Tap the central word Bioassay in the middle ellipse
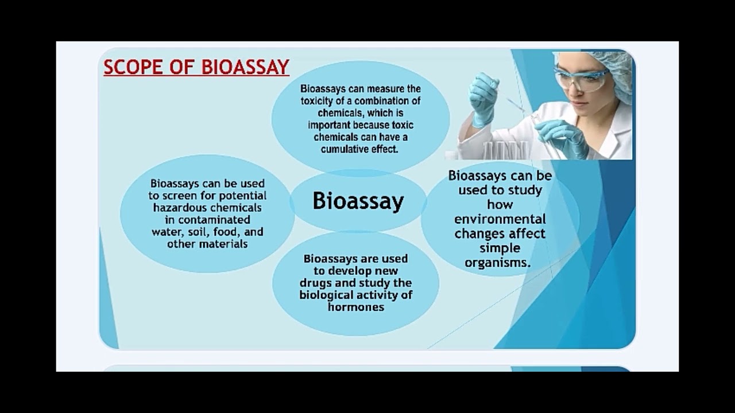(x=358, y=201)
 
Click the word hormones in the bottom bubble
(x=356, y=307)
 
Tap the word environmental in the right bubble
(x=500, y=219)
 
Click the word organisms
(x=497, y=263)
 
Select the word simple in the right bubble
(x=500, y=248)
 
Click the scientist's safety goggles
(x=580, y=79)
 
